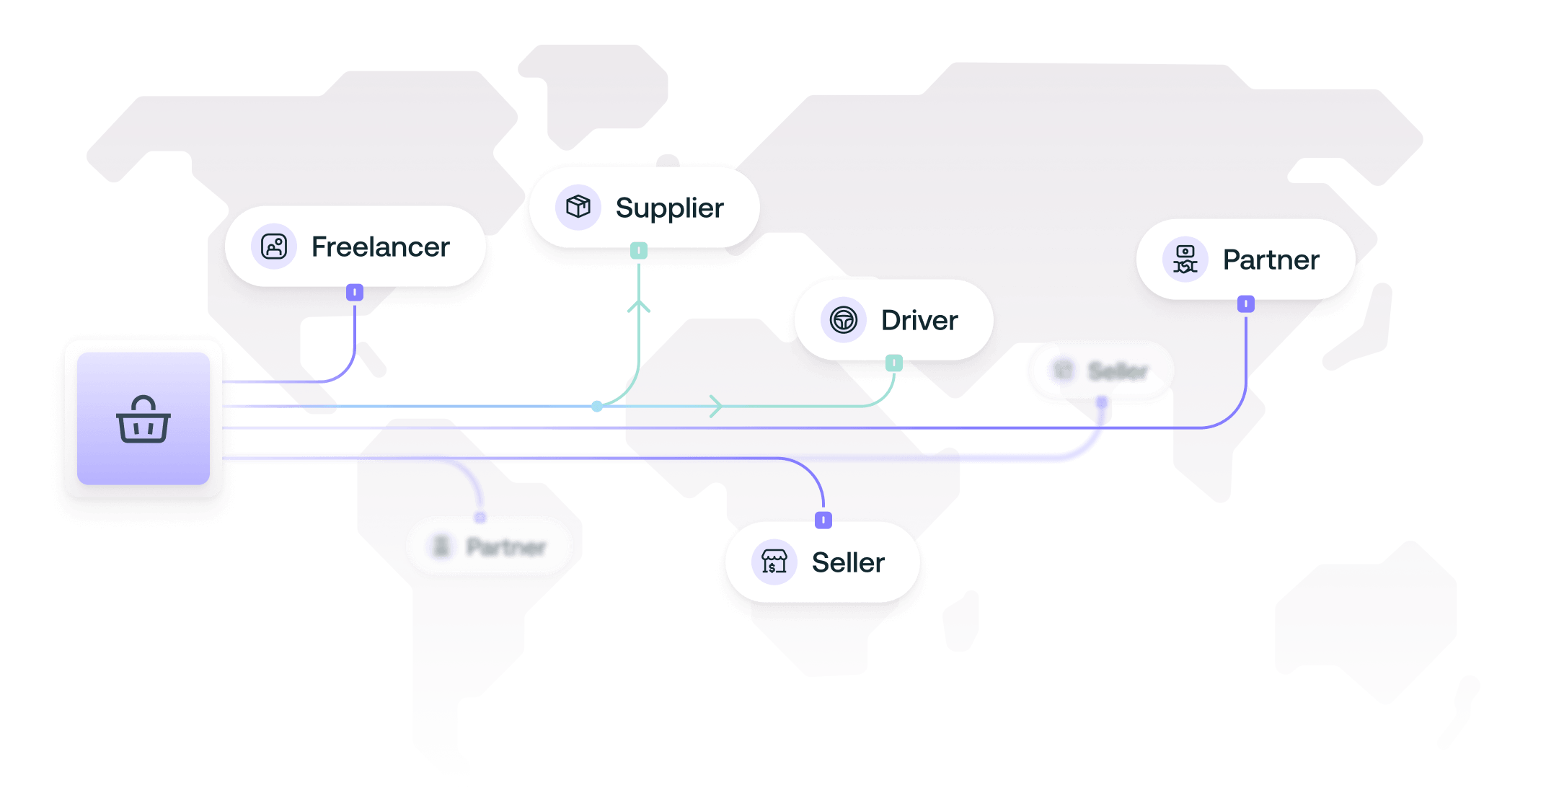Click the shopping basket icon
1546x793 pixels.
pos(143,419)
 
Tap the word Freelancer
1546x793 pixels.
pos(380,247)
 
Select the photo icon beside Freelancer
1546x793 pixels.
pos(274,247)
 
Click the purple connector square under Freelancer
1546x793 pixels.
pos(355,292)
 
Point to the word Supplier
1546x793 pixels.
pos(669,208)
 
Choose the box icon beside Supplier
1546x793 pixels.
pos(578,207)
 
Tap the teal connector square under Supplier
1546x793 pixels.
pos(639,251)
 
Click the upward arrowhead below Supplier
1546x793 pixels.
pos(639,306)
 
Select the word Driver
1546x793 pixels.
pos(919,321)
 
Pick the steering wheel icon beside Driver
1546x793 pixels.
pos(843,319)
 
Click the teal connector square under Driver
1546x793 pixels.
pos(894,363)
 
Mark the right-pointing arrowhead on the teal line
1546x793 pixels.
pos(716,406)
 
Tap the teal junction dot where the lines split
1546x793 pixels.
pos(597,407)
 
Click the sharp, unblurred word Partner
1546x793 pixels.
pos(1271,260)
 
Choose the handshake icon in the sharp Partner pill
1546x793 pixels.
pos(1185,260)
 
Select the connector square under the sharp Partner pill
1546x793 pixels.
pos(1246,304)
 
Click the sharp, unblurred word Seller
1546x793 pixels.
pos(848,563)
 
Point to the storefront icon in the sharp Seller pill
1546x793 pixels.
pos(774,562)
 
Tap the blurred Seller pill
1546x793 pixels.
pos(1100,371)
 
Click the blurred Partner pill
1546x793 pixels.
pos(490,546)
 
